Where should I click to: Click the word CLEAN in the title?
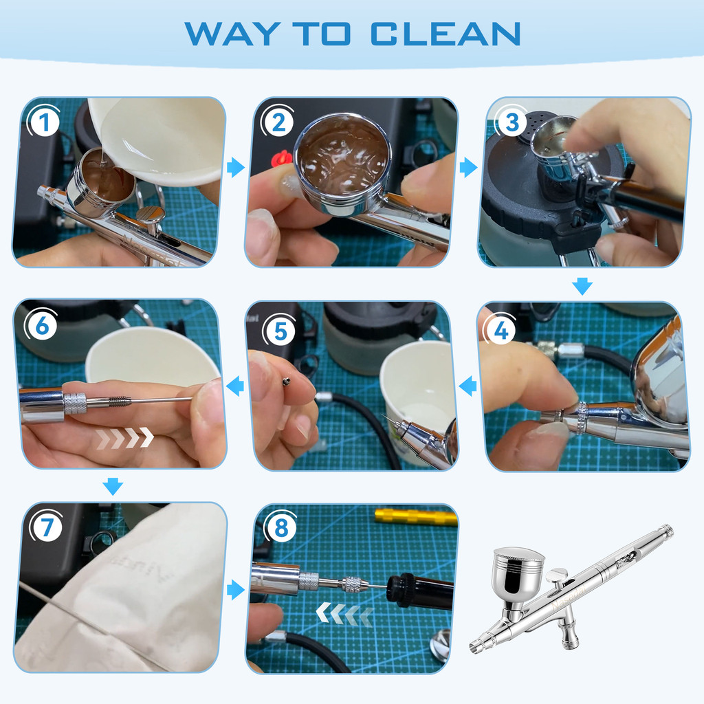(x=445, y=34)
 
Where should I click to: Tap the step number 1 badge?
(x=43, y=122)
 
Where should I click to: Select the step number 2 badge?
(x=278, y=122)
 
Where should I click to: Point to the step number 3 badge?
(x=511, y=122)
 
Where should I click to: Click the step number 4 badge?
(x=500, y=330)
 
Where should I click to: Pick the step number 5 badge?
(x=280, y=331)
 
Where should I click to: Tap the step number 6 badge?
(x=41, y=325)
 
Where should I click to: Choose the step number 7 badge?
(x=47, y=526)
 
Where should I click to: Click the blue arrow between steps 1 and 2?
(x=236, y=168)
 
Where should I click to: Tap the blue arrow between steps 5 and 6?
(x=235, y=386)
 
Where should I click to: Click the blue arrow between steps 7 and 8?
(x=236, y=589)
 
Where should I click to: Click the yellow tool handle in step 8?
(x=416, y=517)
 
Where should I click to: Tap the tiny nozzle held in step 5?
(x=286, y=382)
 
